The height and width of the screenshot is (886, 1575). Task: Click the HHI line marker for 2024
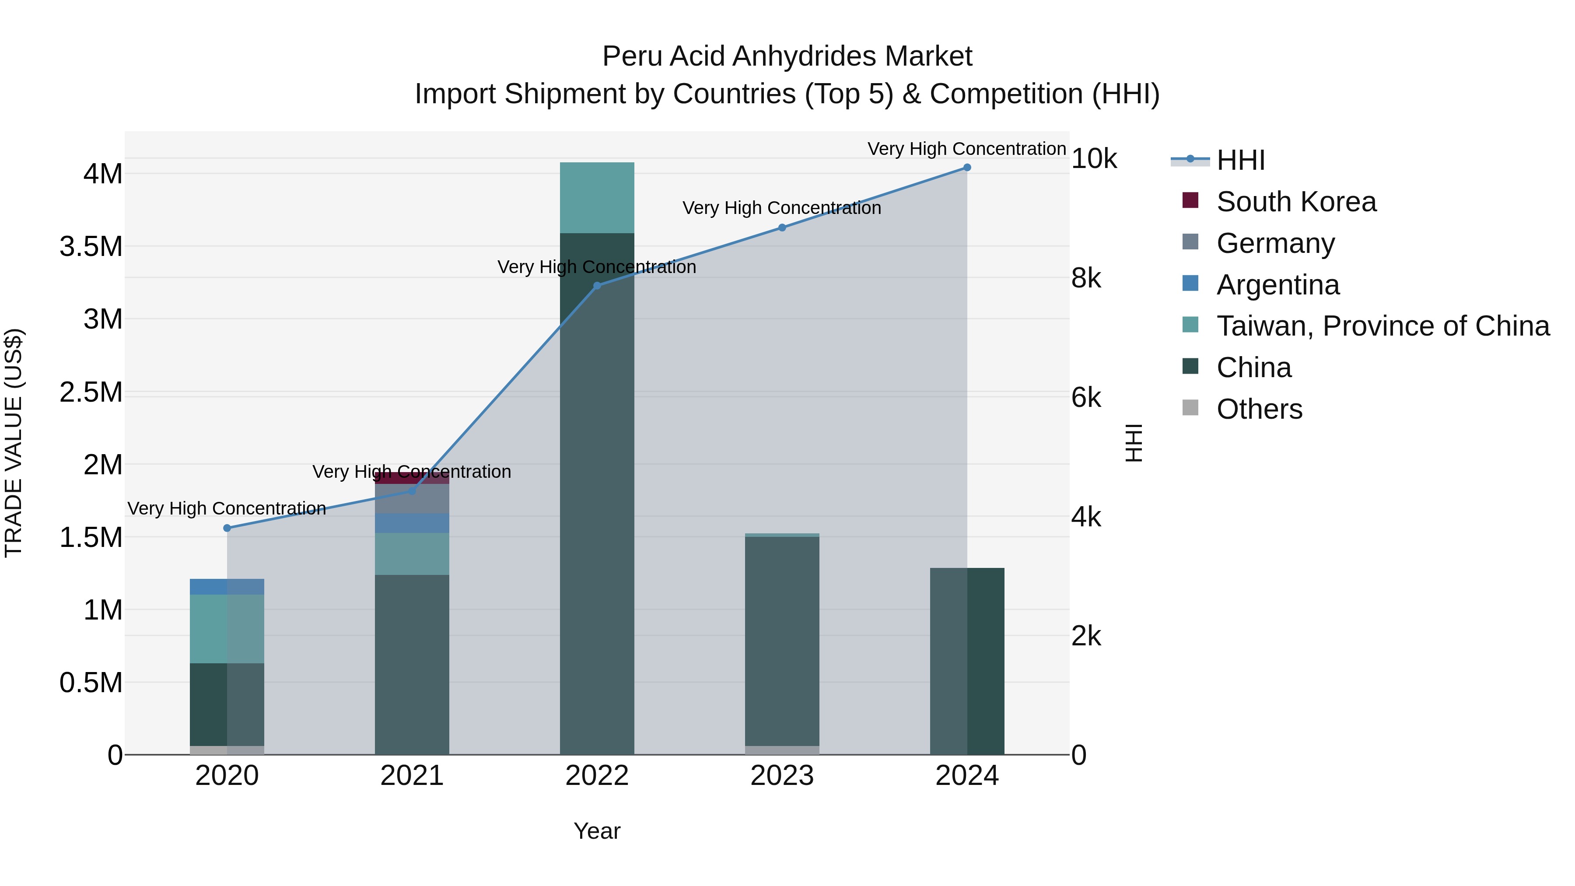click(966, 168)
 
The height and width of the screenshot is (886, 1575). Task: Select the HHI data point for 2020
click(227, 528)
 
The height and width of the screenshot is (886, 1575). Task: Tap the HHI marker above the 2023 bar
click(782, 228)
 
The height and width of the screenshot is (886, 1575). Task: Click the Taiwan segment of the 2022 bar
click(597, 197)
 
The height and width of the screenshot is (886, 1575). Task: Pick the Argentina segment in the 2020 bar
click(227, 586)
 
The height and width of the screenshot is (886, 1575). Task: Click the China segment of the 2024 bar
click(966, 660)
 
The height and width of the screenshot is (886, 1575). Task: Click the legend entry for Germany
click(1275, 243)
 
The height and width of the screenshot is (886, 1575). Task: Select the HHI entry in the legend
click(1240, 160)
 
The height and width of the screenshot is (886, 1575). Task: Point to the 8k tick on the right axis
click(1086, 278)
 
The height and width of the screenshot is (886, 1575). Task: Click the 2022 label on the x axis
click(597, 776)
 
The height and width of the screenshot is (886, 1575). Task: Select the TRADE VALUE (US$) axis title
click(14, 443)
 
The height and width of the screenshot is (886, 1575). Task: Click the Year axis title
click(597, 831)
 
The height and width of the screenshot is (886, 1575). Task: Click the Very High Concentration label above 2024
click(966, 149)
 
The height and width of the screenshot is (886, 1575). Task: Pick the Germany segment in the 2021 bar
click(412, 499)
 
